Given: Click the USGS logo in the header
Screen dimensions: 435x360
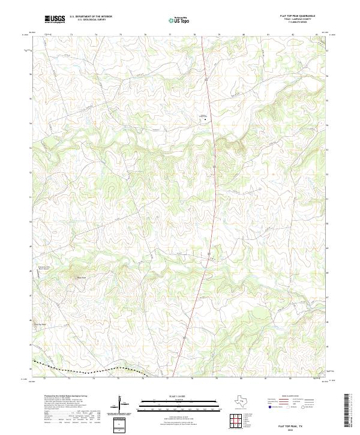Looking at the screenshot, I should tap(55, 19).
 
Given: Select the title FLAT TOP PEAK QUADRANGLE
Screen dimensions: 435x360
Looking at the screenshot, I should tap(297, 16).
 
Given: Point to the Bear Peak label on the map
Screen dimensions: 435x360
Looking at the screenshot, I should tap(80, 277).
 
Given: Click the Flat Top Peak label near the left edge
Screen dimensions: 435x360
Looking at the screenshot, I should tap(40, 325).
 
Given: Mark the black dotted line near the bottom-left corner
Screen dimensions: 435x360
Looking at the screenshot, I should tap(84, 367).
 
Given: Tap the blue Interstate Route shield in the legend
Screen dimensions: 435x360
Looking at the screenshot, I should tap(269, 407).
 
